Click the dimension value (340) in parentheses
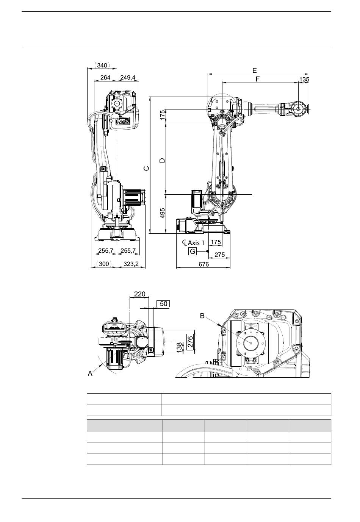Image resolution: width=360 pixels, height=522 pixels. pos(102,65)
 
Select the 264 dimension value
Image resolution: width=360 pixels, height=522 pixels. pos(105,77)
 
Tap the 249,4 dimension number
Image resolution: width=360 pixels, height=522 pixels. pos(128,77)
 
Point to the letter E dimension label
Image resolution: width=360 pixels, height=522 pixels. pos(254,70)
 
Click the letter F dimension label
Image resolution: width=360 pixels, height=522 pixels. pos(258,79)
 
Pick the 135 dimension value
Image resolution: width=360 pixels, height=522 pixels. pos(304,79)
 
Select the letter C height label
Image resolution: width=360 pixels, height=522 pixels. pos(146,169)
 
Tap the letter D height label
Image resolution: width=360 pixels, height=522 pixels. pos(162,160)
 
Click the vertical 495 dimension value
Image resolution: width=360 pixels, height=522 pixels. pos(162,213)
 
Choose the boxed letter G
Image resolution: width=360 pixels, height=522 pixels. pos(193,252)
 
